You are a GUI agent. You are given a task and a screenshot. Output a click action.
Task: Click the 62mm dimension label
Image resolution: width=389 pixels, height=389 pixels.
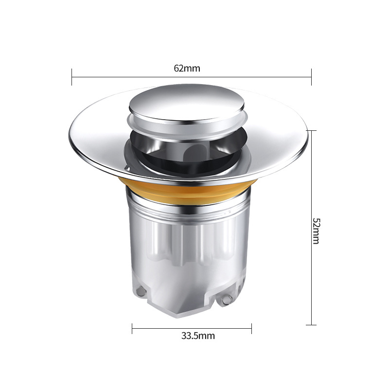[187, 69]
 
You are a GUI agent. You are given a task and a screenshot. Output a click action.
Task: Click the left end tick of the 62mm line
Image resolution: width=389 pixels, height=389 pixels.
[72, 77]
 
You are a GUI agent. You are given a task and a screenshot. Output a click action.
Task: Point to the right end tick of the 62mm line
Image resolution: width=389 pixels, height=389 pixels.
[311, 77]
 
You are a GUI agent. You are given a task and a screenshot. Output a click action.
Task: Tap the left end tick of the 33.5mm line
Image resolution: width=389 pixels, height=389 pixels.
[132, 329]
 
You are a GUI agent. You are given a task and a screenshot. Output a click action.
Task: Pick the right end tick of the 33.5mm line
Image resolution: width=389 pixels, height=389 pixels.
[251, 329]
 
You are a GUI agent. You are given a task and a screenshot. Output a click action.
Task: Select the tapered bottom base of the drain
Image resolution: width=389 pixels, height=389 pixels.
[190, 306]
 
